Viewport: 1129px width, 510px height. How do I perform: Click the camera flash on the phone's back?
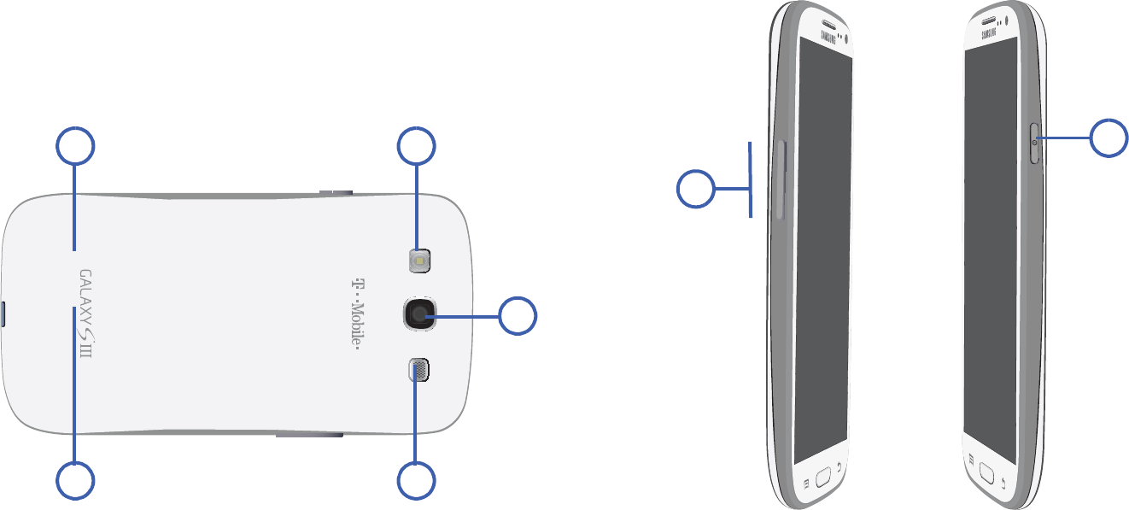click(x=418, y=261)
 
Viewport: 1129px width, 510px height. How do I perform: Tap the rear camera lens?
click(x=418, y=314)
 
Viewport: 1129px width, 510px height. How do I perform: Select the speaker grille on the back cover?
click(x=418, y=369)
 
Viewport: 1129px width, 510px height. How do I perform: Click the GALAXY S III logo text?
click(x=85, y=314)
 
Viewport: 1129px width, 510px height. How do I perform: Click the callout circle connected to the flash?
click(x=417, y=146)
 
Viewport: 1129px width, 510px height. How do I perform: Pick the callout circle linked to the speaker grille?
click(x=417, y=481)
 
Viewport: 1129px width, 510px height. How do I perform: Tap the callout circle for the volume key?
click(x=696, y=189)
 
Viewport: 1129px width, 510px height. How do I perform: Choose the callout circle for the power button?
click(x=1109, y=138)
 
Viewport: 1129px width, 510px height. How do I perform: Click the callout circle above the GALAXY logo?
click(x=75, y=146)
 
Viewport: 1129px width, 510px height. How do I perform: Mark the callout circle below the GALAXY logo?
click(x=75, y=481)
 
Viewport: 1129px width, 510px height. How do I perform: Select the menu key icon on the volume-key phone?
click(x=805, y=481)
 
